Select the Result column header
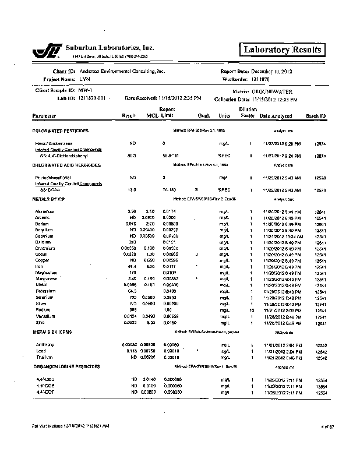click(128, 116)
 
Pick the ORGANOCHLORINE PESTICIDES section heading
click(65, 366)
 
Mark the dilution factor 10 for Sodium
click(250, 310)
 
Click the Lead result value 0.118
click(131, 352)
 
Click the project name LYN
click(84, 79)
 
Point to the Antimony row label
click(45, 345)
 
